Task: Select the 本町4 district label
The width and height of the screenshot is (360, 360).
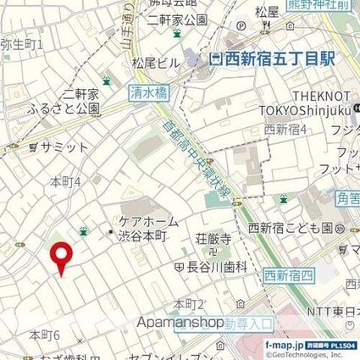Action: click(x=65, y=180)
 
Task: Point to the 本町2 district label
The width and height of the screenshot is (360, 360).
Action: click(x=189, y=302)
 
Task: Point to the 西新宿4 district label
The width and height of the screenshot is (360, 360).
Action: click(x=285, y=130)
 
